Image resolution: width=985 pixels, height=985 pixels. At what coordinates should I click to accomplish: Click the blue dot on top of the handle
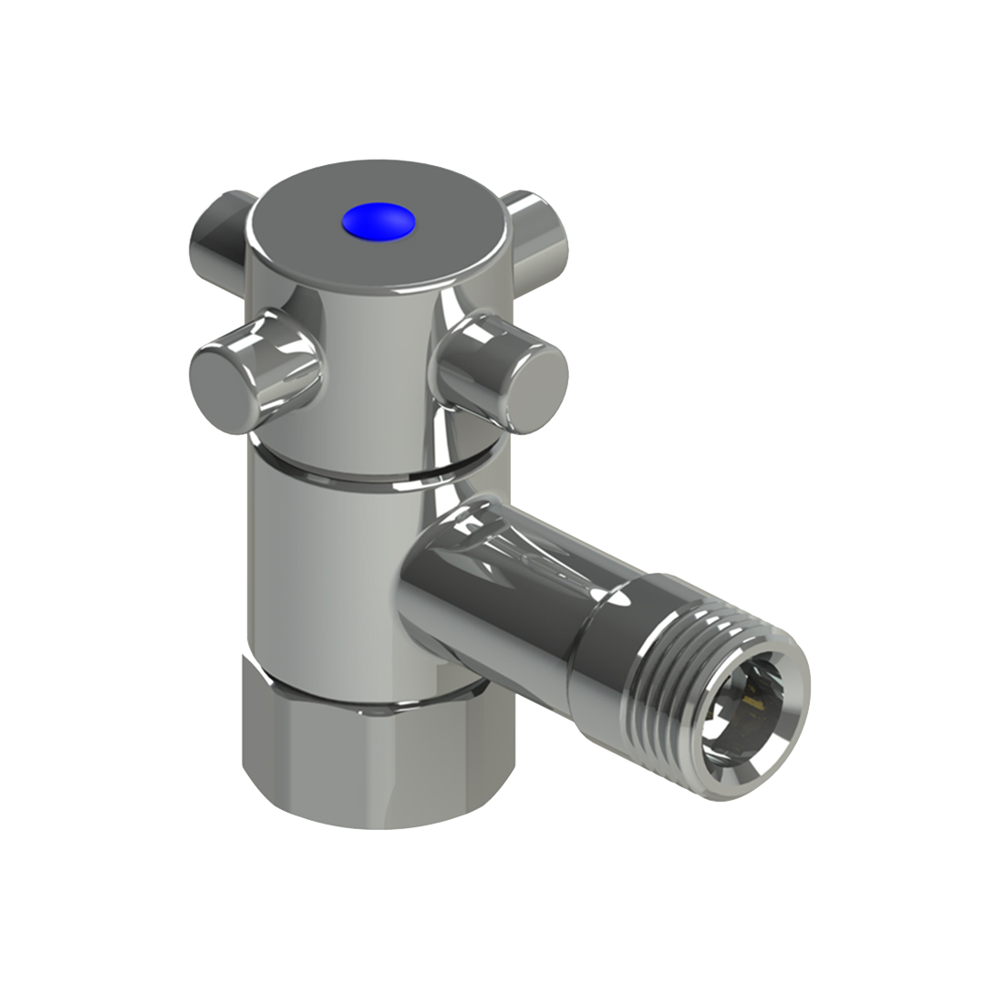[378, 222]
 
